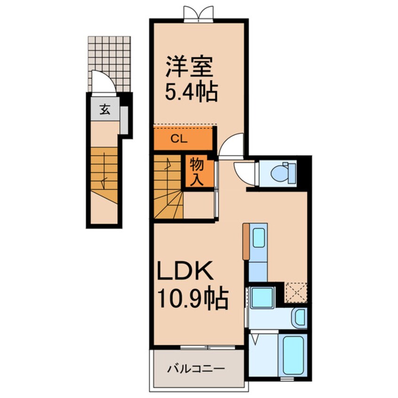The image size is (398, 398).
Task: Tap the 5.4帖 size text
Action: (x=191, y=92)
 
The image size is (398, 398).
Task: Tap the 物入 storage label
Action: (x=197, y=172)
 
